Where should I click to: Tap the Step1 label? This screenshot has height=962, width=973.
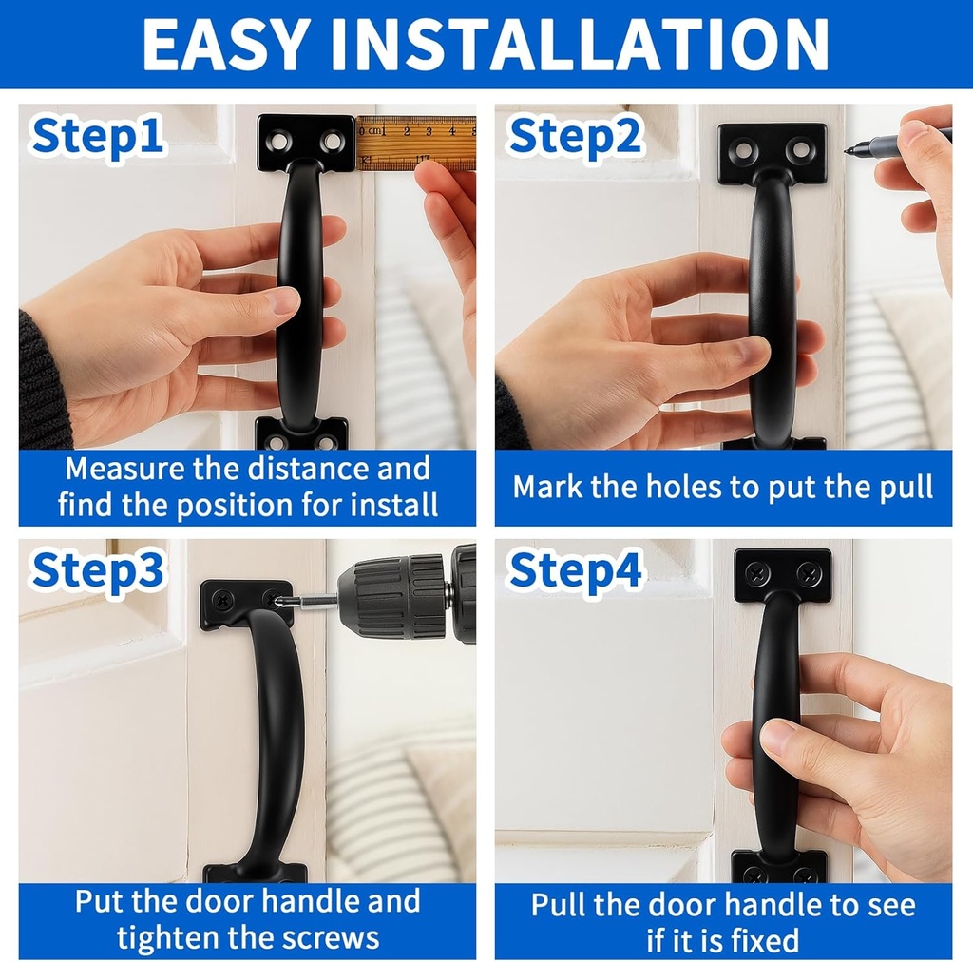(98, 137)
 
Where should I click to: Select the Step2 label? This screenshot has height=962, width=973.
(576, 137)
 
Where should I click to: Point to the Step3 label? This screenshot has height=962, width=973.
(98, 569)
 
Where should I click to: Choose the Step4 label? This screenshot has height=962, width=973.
(576, 569)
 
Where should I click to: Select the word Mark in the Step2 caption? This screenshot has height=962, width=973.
(547, 487)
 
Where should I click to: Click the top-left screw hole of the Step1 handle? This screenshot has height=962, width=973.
(280, 142)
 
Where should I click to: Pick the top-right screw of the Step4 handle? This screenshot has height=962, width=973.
(808, 572)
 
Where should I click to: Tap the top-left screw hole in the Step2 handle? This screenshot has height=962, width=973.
(741, 149)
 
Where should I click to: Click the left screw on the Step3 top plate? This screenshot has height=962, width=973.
(221, 599)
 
